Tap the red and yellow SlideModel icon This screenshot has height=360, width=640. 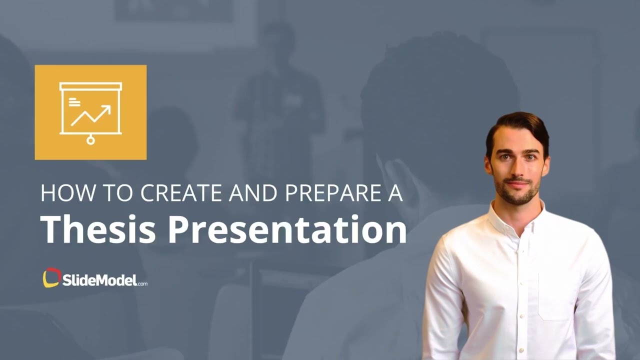(51, 278)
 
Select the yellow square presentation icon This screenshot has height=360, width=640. (90, 112)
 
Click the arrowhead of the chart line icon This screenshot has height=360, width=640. (106, 108)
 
